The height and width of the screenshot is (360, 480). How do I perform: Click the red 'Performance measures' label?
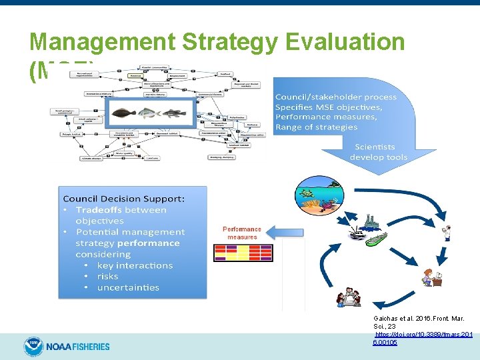tap(242, 233)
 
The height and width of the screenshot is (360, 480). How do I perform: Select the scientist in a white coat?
tap(447, 231)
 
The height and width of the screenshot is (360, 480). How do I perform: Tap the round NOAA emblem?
tap(33, 346)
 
